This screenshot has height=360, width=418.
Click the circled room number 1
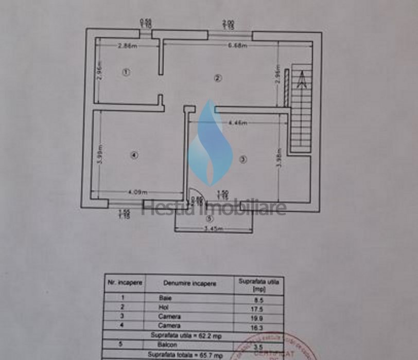126,72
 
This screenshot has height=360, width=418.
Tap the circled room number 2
218,78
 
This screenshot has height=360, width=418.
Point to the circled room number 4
133,154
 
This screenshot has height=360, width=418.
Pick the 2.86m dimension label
127,46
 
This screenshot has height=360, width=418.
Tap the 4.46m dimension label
238,123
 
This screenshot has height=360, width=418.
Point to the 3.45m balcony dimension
214,228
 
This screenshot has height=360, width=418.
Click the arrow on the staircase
302,80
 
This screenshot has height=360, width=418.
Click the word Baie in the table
166,298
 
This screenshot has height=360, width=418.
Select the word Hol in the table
164,307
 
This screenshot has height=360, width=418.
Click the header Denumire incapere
190,283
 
